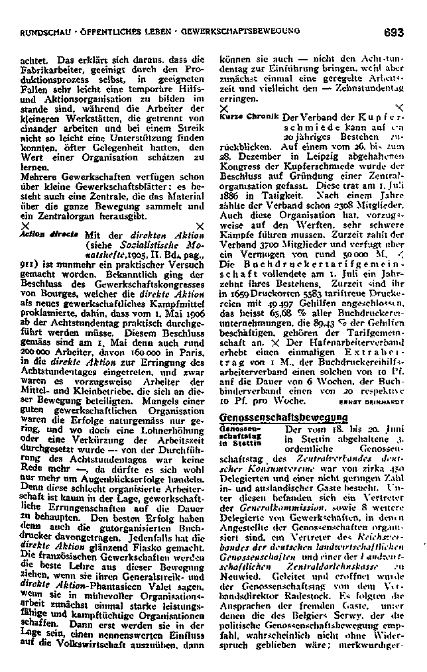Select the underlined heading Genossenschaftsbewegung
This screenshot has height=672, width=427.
[x=283, y=417]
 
